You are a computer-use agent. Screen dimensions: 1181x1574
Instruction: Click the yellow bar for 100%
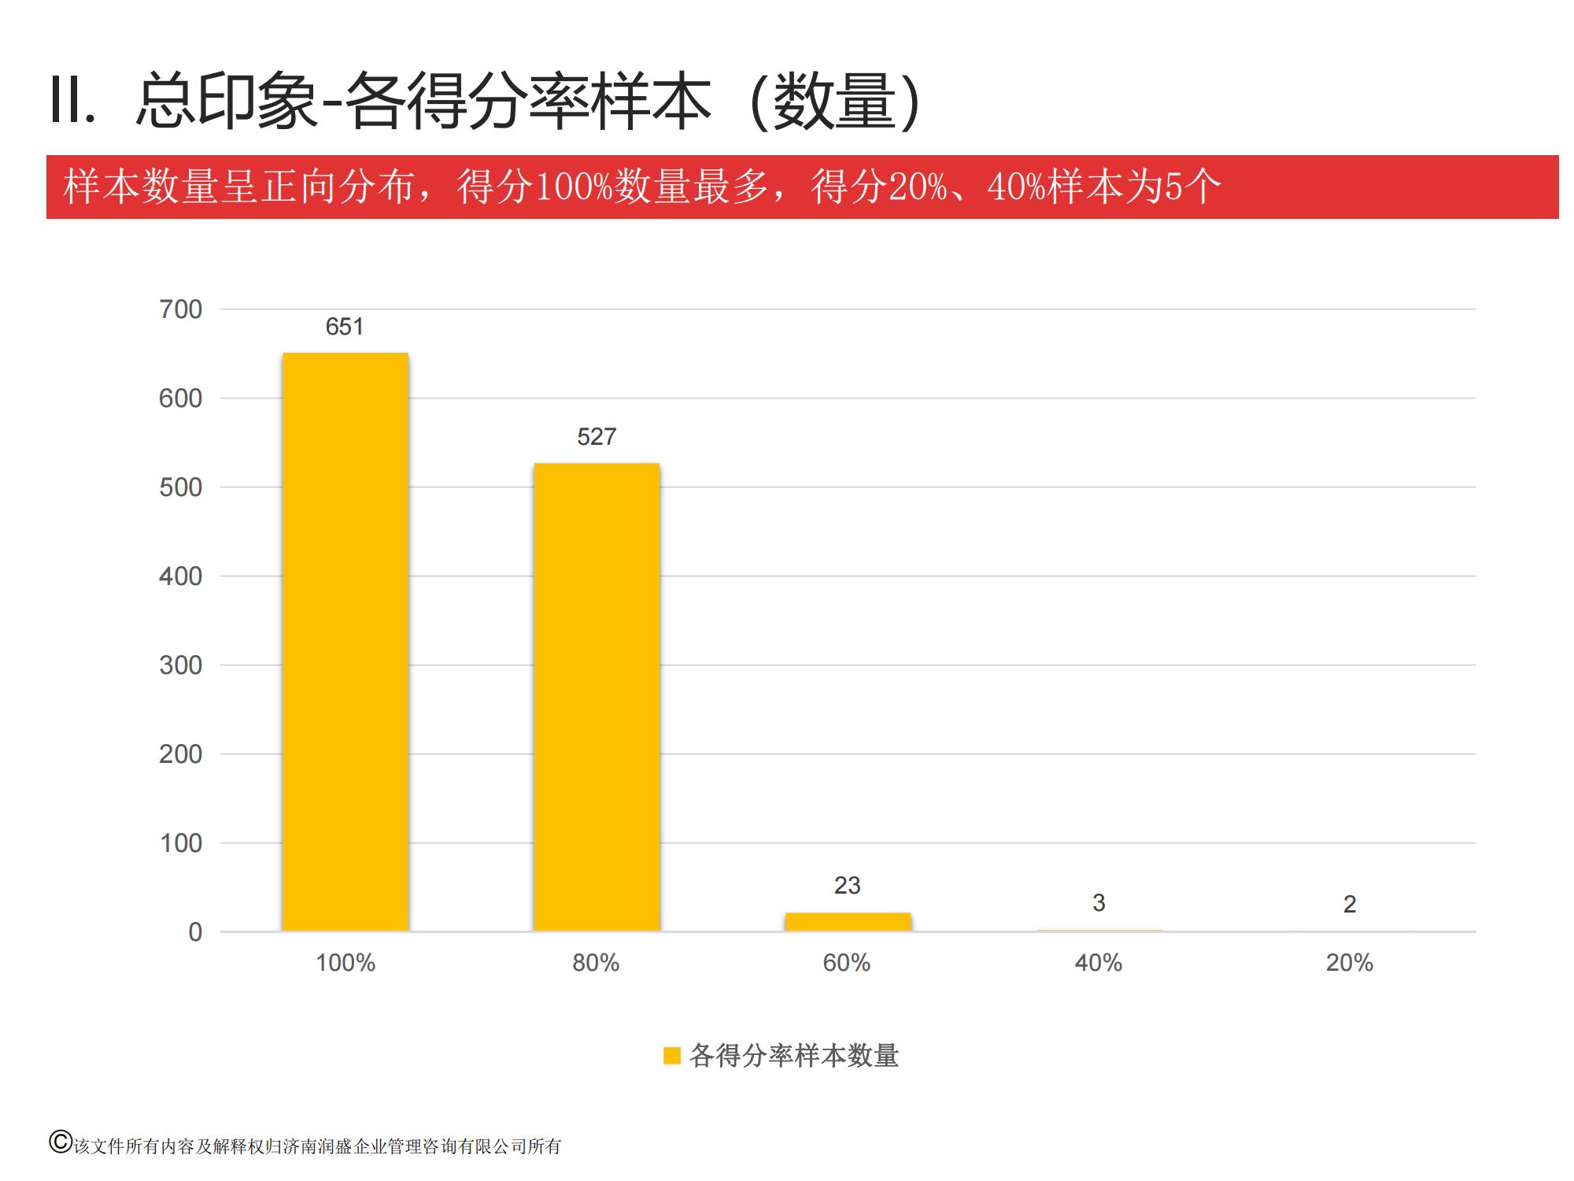pos(345,642)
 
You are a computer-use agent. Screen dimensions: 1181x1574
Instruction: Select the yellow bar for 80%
pos(597,697)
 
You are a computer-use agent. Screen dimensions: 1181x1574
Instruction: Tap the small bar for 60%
pos(848,922)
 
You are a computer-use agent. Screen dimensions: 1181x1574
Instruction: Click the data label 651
pos(345,327)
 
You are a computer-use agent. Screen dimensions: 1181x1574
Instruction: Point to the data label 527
pos(597,437)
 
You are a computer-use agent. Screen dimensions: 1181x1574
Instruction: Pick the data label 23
pos(848,886)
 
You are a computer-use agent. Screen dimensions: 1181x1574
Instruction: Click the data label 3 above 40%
pos(1099,903)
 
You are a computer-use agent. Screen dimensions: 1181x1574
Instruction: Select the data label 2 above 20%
pos(1350,905)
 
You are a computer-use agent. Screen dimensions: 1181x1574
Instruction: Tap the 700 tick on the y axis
pos(180,309)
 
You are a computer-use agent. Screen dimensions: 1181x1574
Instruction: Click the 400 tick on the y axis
pos(180,576)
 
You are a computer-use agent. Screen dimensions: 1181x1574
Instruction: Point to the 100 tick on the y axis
pos(180,843)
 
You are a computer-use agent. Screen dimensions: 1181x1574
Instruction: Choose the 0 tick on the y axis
pos(195,932)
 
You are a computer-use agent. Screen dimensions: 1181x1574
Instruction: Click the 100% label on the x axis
pos(345,963)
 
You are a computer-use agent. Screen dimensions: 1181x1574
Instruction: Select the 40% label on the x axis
pos(1099,963)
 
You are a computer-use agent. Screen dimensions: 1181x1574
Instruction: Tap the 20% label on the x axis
pos(1350,963)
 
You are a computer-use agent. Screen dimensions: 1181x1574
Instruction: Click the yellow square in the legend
pos(671,1056)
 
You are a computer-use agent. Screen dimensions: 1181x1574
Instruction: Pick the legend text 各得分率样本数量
pos(794,1056)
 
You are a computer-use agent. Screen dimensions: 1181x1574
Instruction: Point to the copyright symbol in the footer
pos(60,1142)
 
